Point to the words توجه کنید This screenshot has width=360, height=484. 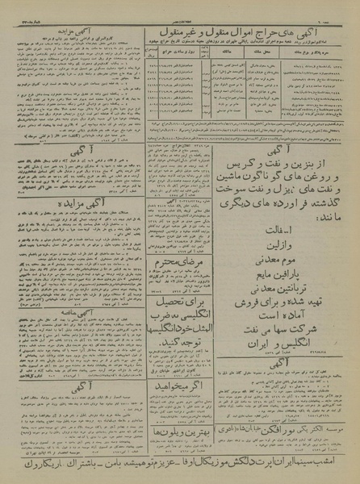tap(178, 362)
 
